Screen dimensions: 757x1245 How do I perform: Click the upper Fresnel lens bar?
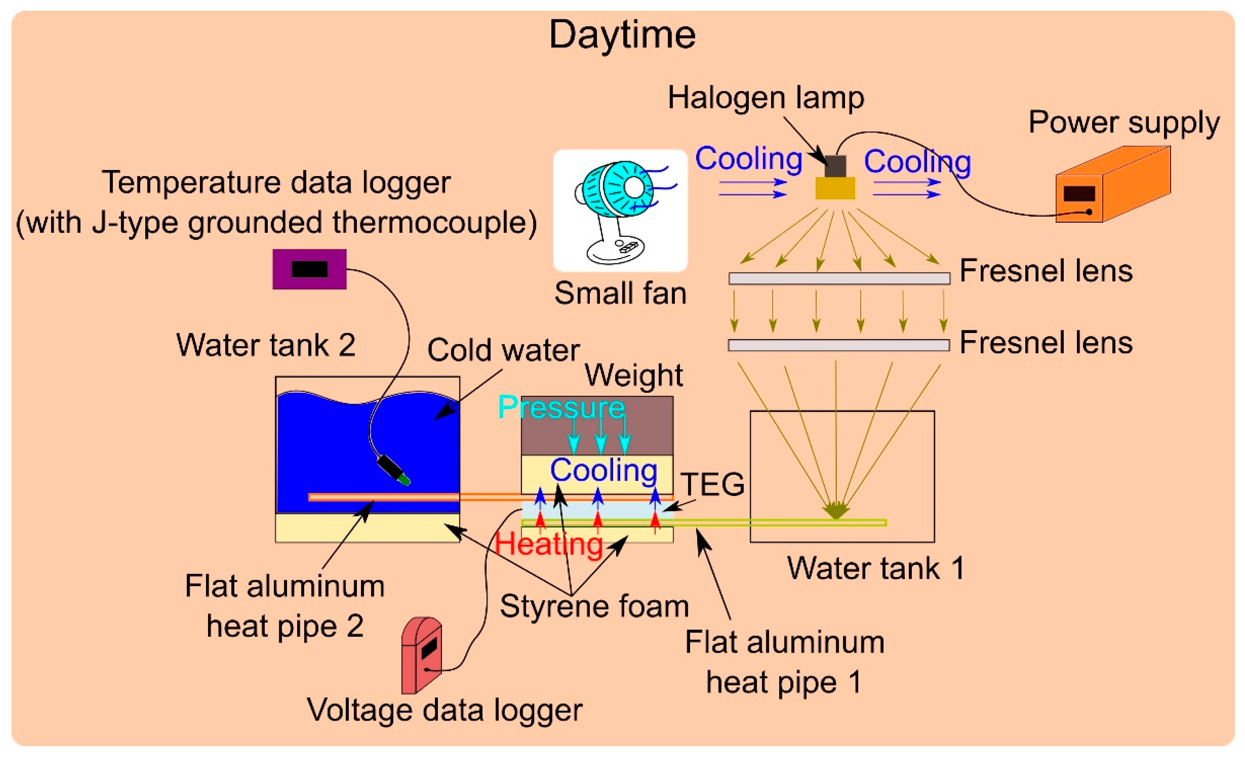coord(839,278)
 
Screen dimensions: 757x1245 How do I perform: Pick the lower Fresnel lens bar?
coord(838,345)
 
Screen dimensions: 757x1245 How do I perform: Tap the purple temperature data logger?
coord(309,269)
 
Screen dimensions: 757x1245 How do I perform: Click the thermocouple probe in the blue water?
coord(394,470)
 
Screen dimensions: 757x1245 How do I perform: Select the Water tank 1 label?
coord(876,568)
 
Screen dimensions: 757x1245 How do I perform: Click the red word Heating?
coord(548,544)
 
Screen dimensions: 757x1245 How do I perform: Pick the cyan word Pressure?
coord(561,407)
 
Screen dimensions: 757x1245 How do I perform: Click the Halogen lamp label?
coord(765,98)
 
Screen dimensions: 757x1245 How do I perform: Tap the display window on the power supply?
coord(1079,194)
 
